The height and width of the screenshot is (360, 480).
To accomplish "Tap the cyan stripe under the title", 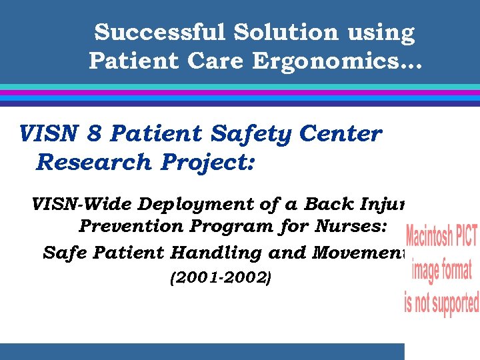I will coord(240,87).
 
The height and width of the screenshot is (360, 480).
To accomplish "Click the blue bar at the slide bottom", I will coord(200,351).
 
